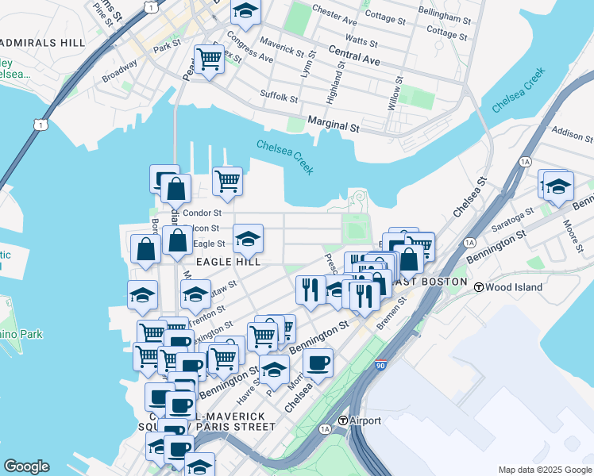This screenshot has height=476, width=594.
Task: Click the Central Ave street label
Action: click(357, 55)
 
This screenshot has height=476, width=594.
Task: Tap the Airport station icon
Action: click(342, 420)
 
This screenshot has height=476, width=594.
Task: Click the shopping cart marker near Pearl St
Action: click(209, 58)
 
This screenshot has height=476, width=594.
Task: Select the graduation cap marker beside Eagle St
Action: click(248, 237)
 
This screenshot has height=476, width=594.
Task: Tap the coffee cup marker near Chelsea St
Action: click(318, 363)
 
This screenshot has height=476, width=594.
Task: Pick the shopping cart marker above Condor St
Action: click(227, 180)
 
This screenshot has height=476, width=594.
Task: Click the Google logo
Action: click(26, 466)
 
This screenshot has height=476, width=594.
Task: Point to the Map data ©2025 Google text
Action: click(544, 469)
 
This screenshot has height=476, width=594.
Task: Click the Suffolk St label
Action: click(279, 98)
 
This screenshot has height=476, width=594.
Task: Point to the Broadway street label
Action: click(120, 73)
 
